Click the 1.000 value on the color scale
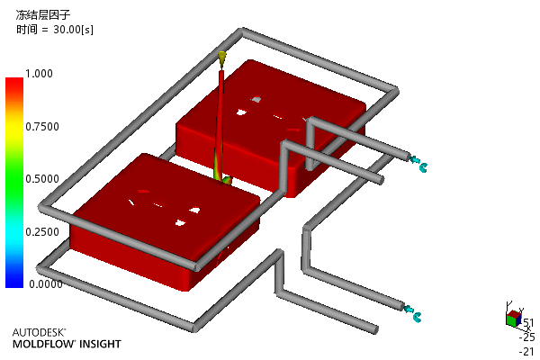[39, 74]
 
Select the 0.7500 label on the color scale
[42, 126]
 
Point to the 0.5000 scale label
[42, 179]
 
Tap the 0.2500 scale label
[42, 232]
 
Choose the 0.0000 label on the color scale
[46, 284]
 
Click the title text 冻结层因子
[43, 14]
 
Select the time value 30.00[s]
[73, 30]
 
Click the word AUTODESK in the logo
[39, 332]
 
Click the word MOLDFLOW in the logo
[43, 344]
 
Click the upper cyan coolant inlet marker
[418, 163]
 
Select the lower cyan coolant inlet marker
[412, 312]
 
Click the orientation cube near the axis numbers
[514, 318]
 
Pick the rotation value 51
[528, 323]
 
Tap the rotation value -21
[526, 351]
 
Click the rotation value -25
[526, 337]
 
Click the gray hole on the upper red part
[256, 99]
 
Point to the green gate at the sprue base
[226, 179]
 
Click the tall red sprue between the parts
[220, 121]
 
